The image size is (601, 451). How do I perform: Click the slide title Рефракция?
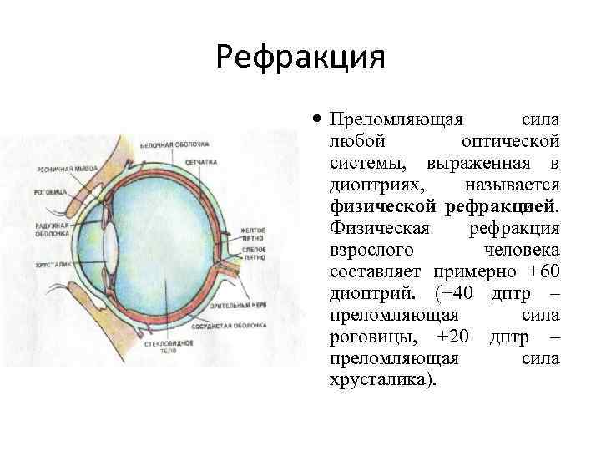[x=300, y=58]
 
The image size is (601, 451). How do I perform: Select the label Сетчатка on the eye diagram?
[x=201, y=160]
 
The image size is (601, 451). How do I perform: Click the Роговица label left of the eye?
[x=51, y=191]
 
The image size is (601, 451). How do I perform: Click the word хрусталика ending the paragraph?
[x=379, y=380]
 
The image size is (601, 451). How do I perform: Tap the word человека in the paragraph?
[x=522, y=250]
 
